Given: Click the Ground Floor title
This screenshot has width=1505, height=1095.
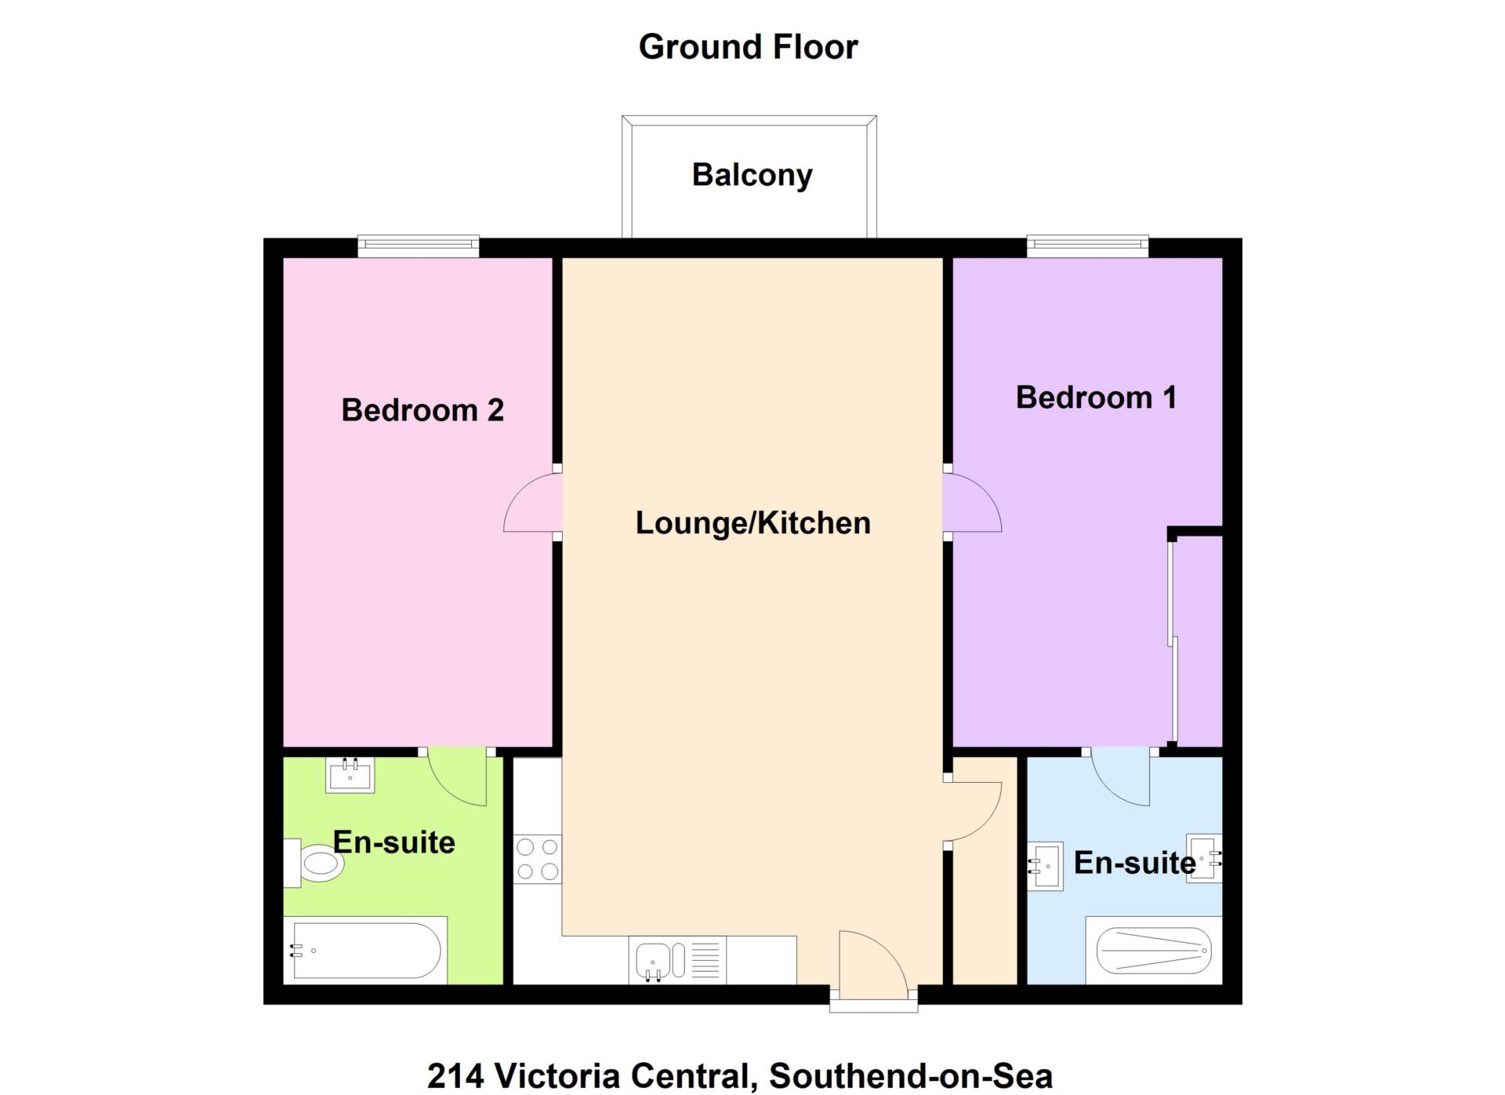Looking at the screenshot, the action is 748,47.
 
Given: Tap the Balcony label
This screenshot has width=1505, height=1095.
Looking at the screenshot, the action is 752,175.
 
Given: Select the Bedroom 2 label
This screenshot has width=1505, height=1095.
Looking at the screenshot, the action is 422,410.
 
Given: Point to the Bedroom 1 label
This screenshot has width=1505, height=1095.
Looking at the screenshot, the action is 1096,398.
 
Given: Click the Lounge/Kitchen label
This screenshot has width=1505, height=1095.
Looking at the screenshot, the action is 752,523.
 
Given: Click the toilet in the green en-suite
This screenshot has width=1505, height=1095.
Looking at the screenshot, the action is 314,864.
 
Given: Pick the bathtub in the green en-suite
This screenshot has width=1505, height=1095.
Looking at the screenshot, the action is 365,951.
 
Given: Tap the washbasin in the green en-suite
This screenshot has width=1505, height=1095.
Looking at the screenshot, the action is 350,775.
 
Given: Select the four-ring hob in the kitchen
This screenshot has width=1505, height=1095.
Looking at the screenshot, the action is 538,860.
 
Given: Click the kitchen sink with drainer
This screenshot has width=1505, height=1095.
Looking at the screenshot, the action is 677,960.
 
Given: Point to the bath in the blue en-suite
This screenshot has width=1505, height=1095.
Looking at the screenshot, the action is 1154,951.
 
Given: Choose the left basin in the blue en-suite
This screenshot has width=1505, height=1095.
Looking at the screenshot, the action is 1045,866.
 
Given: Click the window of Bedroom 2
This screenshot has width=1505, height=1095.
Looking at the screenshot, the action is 419,246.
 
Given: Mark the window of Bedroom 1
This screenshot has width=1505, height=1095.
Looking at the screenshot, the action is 1088,246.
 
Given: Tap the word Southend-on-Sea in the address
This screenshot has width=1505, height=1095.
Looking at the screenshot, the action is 911,1075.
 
